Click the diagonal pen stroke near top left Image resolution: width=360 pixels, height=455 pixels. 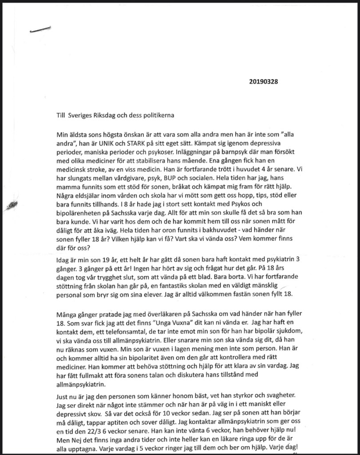(40, 29)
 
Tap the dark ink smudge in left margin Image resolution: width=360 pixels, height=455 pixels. (12, 204)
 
